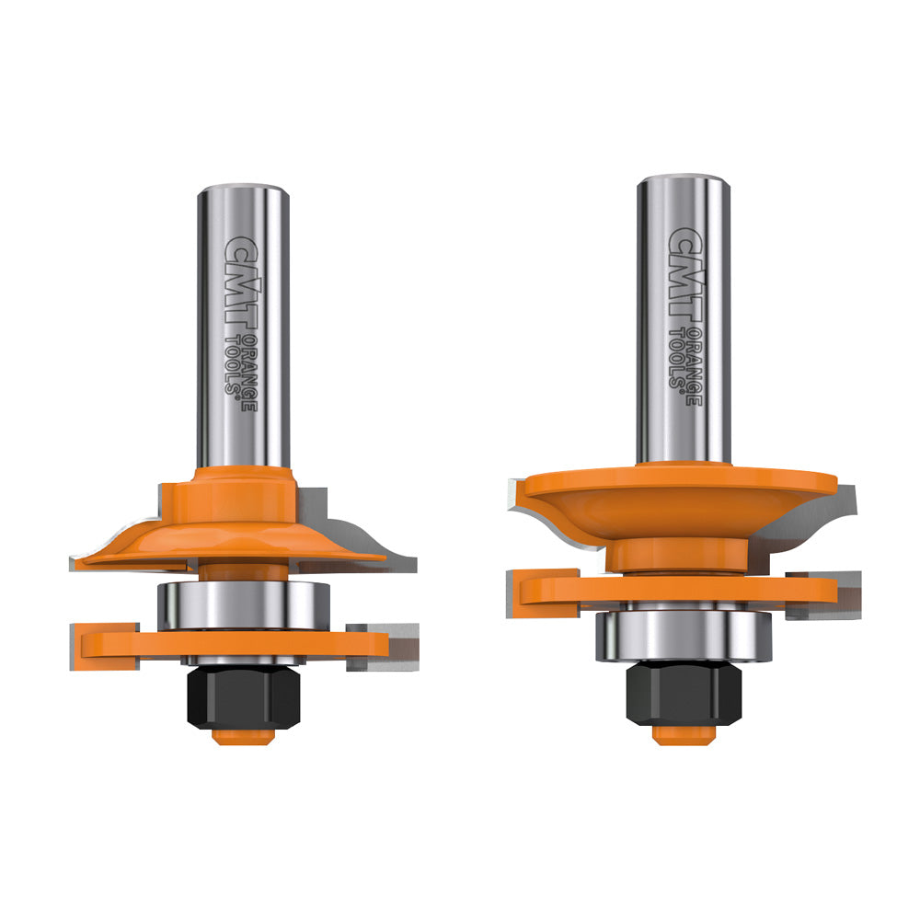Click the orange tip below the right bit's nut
(671, 734)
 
